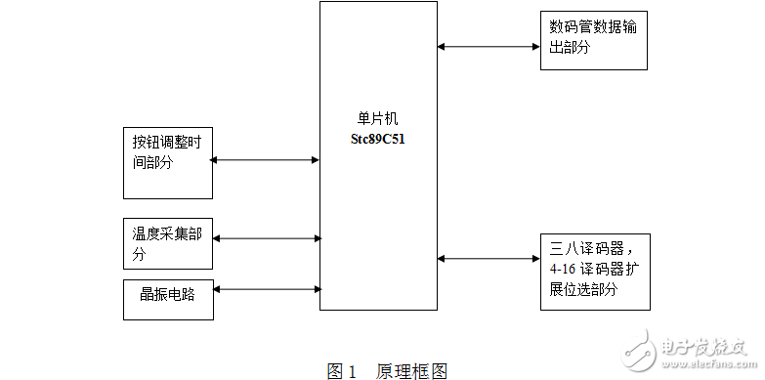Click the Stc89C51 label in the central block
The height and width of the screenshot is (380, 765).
[378, 139]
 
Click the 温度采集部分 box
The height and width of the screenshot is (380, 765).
[166, 244]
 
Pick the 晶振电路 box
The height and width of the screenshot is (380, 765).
[166, 299]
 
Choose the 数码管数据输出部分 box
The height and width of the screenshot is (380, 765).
[593, 40]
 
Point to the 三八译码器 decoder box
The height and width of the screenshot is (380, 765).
[593, 271]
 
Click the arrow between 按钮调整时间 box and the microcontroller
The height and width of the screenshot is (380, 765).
[265, 160]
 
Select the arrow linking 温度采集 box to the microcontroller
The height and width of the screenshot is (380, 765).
[267, 237]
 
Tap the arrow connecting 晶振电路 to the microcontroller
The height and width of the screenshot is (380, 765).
[267, 288]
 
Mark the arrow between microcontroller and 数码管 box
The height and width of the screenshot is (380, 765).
[489, 45]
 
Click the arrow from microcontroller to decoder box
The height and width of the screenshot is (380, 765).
[489, 259]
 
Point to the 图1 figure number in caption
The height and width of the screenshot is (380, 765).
[340, 371]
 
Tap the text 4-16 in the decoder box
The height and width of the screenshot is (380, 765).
[562, 270]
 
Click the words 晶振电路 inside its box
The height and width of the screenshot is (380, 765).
[163, 293]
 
